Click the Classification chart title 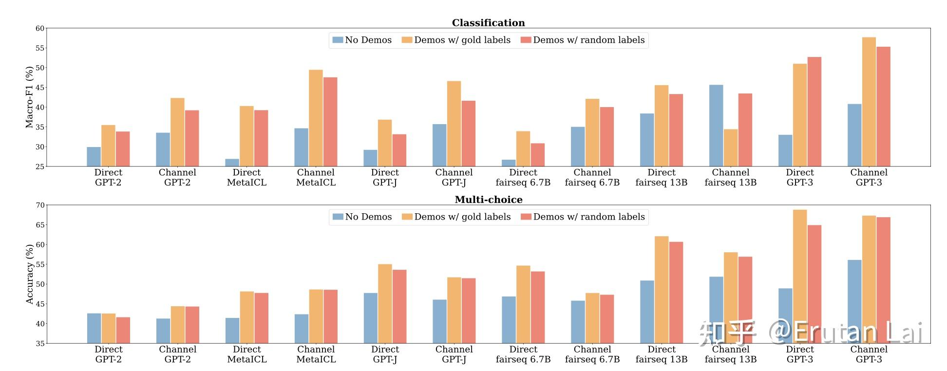488,23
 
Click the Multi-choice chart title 488,200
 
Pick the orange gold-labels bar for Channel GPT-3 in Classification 869,102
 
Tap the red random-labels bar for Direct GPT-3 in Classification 814,111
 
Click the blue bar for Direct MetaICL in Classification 232,163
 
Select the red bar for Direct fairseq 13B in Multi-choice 676,293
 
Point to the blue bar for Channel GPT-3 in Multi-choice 854,301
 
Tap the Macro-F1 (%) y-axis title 29,97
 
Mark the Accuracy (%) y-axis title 29,274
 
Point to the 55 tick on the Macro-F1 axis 39,48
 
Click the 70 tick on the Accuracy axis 39,205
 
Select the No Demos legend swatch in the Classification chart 338,40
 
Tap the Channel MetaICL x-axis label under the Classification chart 316,177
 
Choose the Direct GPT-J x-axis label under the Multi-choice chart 385,354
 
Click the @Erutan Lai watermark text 845,333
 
